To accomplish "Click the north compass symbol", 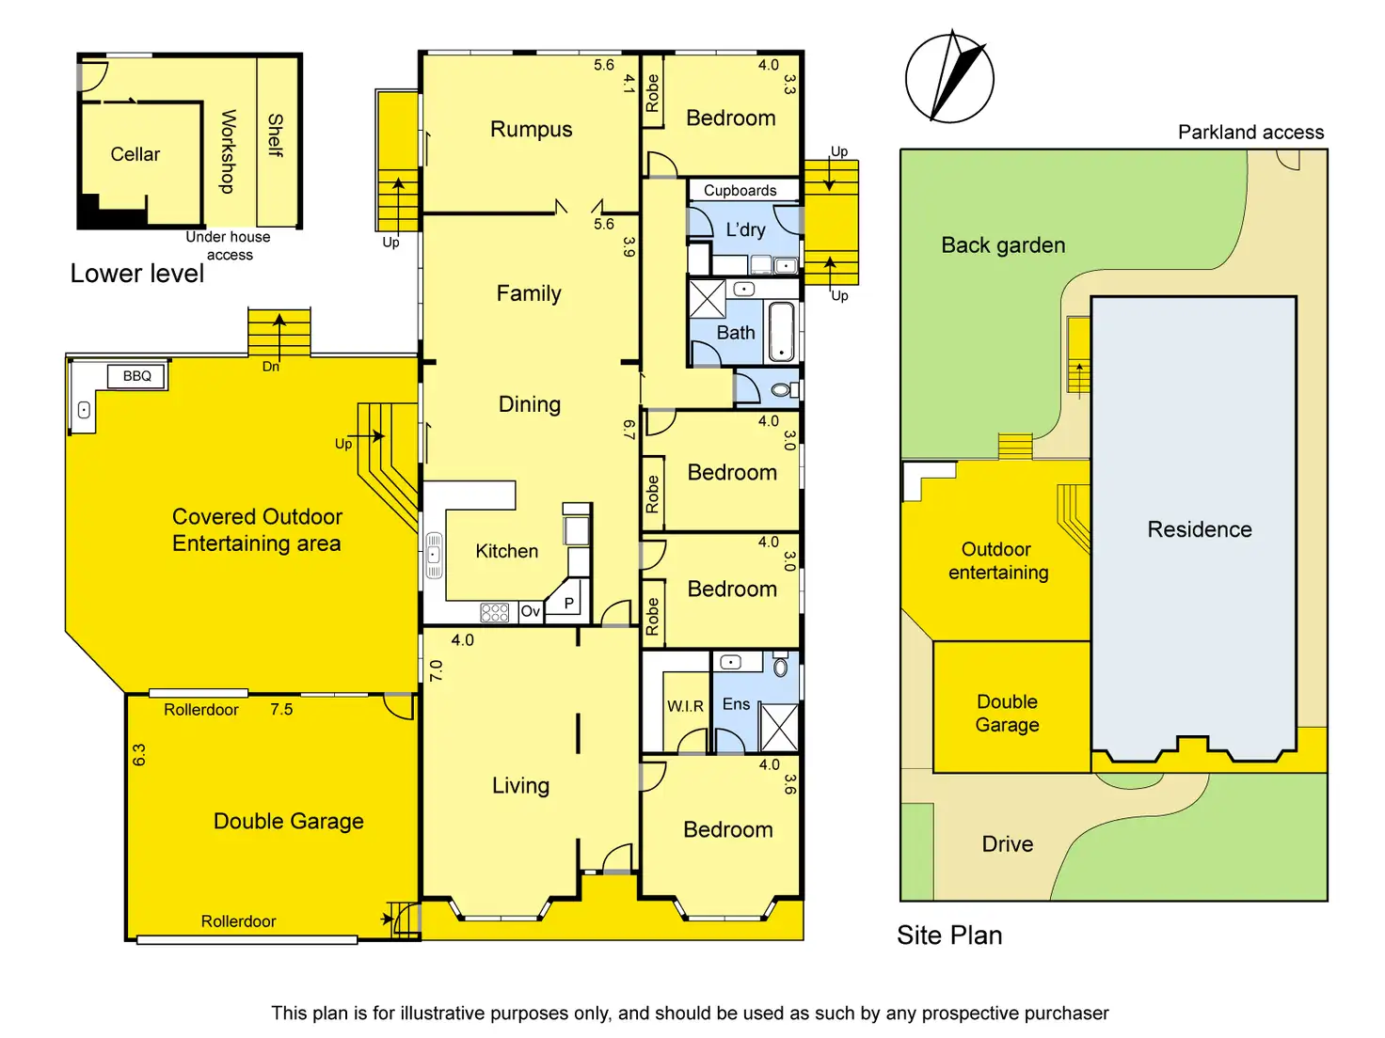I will click(x=949, y=78).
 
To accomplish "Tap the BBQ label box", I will click(x=137, y=376).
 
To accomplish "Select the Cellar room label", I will click(x=135, y=154).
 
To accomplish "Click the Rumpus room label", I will click(x=531, y=130).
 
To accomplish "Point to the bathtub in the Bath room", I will click(x=782, y=332).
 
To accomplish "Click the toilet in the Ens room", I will click(x=780, y=668).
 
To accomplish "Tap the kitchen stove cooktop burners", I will click(x=495, y=612).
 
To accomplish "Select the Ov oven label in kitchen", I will click(x=531, y=611).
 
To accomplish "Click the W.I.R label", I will click(x=685, y=706).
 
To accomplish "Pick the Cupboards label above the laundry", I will click(x=740, y=190).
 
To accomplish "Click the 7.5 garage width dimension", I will click(x=281, y=710).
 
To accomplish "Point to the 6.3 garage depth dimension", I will click(x=139, y=755).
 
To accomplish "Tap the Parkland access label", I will click(x=1250, y=133).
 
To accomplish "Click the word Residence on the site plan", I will click(x=1200, y=529).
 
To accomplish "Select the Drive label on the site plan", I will click(x=1007, y=844).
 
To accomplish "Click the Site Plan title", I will click(x=949, y=935).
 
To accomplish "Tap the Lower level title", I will click(x=137, y=274).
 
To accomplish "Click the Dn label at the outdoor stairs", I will click(x=271, y=367).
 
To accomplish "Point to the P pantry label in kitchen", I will click(x=568, y=604).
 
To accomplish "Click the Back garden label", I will click(x=1003, y=245).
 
